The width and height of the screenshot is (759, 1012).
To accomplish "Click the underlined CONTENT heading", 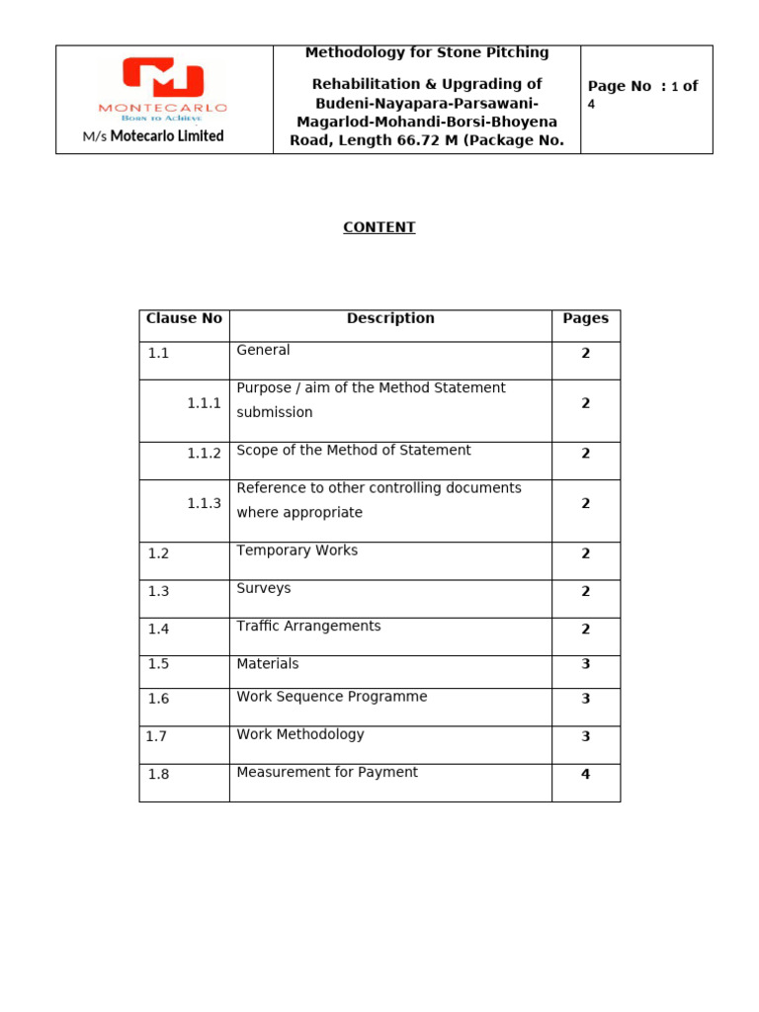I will click(379, 227).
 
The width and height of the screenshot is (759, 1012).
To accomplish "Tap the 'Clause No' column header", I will click(184, 318).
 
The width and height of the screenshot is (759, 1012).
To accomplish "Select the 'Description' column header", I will click(390, 318).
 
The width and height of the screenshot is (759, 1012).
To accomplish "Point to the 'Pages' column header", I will click(585, 318).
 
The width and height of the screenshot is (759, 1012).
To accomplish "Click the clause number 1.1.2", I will click(204, 453).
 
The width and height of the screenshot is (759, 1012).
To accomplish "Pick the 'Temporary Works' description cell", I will click(296, 550).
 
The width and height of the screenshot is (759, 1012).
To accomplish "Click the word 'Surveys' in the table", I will click(264, 588).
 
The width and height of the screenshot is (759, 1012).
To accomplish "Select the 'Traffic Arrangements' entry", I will click(308, 626).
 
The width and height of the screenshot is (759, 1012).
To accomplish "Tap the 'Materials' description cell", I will click(268, 664).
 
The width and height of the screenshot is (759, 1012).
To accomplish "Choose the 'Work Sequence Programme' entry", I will click(332, 697).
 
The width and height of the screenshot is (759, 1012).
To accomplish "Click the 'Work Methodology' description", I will click(300, 734).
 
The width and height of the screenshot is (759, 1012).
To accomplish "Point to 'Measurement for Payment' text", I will click(327, 772).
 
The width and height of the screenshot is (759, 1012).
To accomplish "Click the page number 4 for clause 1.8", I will click(585, 775).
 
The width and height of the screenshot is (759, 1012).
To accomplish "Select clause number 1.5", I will click(158, 664).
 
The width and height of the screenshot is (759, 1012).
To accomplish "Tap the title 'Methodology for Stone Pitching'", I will click(427, 52).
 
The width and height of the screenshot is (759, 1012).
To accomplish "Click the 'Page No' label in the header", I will click(620, 87).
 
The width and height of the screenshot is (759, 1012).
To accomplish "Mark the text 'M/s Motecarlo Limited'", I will click(153, 136).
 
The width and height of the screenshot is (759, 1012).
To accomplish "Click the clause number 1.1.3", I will click(204, 503).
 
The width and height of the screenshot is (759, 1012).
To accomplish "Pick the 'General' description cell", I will click(263, 350).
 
